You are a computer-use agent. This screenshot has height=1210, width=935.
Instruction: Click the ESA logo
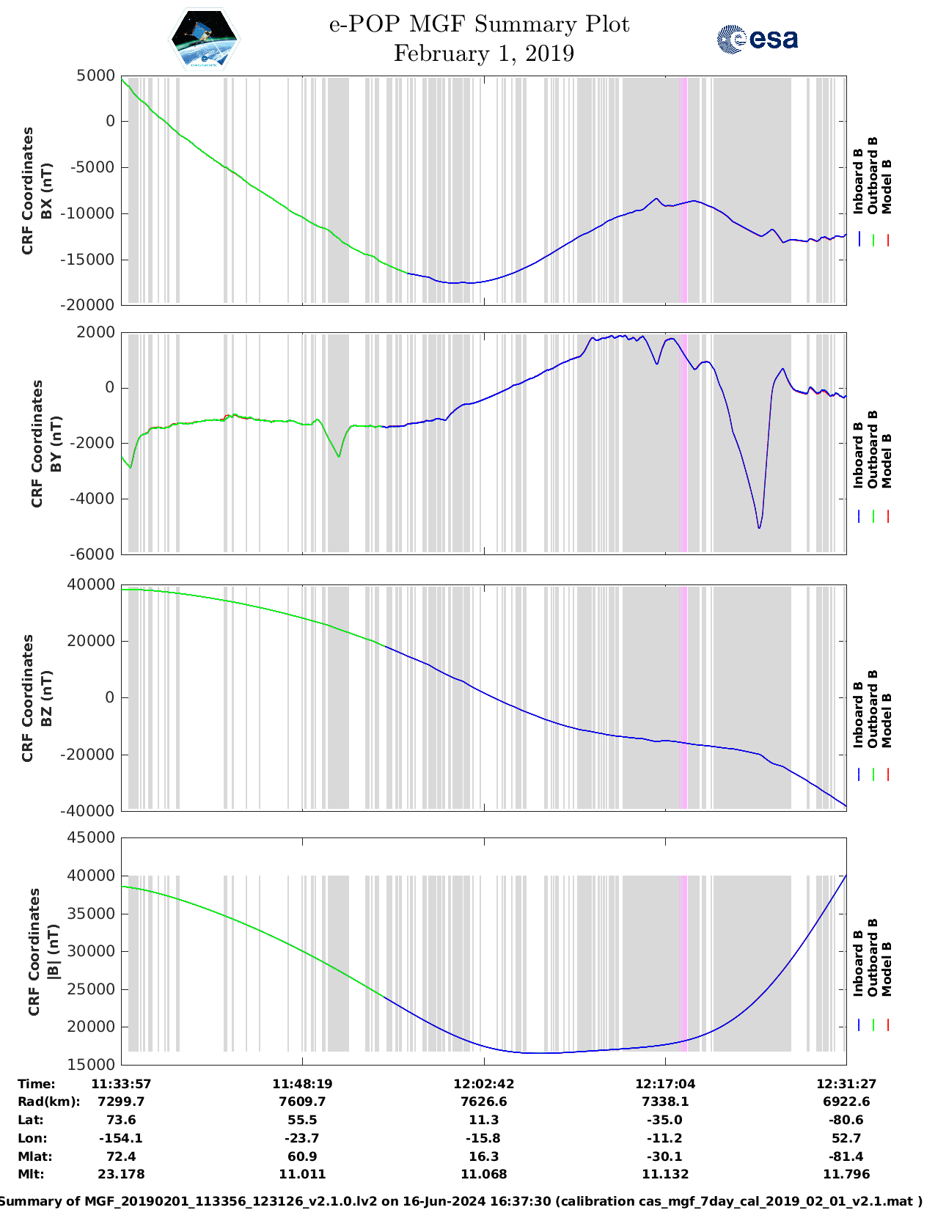[758, 39]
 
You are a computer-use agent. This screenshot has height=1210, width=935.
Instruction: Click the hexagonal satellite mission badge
[205, 39]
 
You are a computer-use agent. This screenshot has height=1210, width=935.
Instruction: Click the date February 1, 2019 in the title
[483, 54]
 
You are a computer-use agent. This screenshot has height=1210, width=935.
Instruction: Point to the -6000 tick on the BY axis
[93, 554]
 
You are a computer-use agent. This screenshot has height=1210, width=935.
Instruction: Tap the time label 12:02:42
[483, 1084]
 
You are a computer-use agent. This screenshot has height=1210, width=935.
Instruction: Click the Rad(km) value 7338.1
[664, 1101]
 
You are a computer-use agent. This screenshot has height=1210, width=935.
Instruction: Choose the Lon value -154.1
[121, 1138]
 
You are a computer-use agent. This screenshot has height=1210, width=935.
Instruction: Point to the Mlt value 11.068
[483, 1174]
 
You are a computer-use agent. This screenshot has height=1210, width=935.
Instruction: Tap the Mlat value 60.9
[302, 1156]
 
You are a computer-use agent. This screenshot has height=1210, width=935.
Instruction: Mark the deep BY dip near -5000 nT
[759, 526]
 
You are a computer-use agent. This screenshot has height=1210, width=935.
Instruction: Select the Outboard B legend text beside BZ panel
[873, 709]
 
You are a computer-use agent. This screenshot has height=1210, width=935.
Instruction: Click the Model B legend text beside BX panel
[887, 186]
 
